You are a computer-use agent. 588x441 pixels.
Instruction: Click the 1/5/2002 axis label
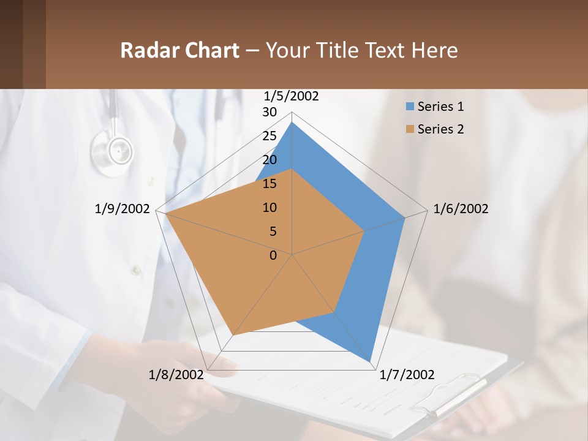point(292,96)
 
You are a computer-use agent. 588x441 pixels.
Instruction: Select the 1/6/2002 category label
point(461,209)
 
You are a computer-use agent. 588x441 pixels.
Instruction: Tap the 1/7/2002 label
point(407,375)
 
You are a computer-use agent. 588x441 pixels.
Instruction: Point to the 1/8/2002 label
point(176,375)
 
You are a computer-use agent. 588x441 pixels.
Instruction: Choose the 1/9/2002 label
point(123,209)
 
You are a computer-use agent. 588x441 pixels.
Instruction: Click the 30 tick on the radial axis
point(269,112)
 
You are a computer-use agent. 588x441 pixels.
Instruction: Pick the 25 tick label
point(269,136)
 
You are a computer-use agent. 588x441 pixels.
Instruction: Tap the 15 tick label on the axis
point(269,184)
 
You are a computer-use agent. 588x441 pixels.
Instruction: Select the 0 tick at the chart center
point(273,255)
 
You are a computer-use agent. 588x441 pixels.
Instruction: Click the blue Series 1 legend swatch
point(410,107)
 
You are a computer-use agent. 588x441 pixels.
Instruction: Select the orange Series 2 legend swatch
point(410,129)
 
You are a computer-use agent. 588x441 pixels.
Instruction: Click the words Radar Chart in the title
point(179,50)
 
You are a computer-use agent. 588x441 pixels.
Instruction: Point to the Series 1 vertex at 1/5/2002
point(292,123)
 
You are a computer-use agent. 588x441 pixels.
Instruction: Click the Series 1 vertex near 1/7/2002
point(371,361)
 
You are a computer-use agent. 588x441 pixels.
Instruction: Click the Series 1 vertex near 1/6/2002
point(405,217)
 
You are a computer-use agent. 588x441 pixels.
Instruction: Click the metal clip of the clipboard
point(450,395)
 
